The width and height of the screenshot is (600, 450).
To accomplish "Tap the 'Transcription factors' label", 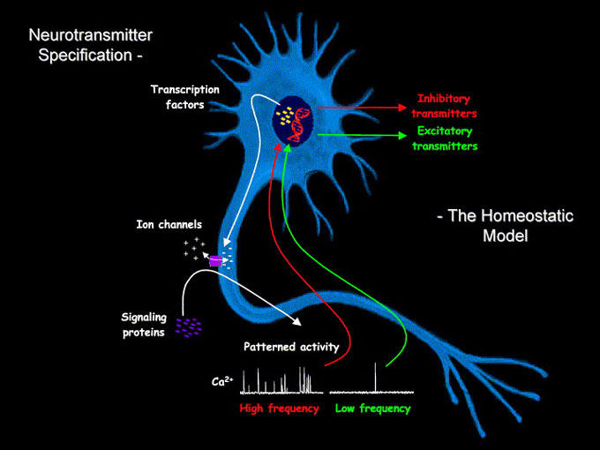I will tap(184, 97).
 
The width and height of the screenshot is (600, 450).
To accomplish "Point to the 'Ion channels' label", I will tap(169, 225).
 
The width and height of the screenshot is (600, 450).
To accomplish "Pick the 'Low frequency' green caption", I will tap(373, 409).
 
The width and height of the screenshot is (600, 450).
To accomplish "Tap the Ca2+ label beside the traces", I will tap(222, 382).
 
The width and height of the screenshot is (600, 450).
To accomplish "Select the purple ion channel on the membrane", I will tap(214, 260).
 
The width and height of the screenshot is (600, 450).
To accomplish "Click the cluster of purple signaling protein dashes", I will tap(188, 327).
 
